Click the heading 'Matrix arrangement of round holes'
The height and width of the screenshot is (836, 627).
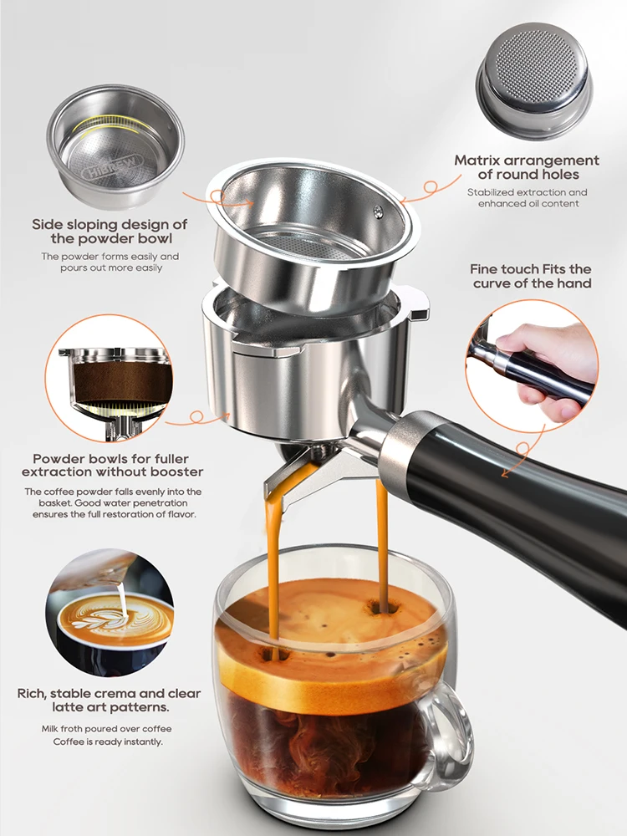pyautogui.click(x=527, y=167)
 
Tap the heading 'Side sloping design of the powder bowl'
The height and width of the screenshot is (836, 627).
pyautogui.click(x=110, y=232)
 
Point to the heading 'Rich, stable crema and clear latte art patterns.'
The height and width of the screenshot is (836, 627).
pyautogui.click(x=110, y=701)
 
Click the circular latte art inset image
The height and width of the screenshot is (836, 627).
pyautogui.click(x=110, y=614)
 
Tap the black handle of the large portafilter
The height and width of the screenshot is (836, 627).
pyautogui.click(x=535, y=493)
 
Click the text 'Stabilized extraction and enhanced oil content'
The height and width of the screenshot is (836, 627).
pyautogui.click(x=527, y=198)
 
